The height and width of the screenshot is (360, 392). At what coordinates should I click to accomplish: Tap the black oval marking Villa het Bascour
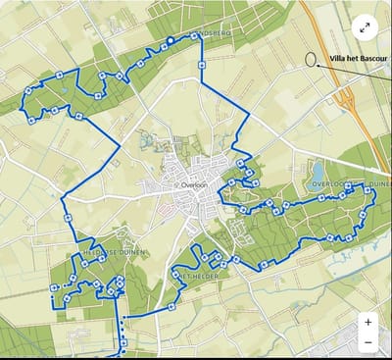coord(311,57)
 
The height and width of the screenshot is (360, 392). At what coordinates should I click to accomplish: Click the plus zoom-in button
coord(367,322)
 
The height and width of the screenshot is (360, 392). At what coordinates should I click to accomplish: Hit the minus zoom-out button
coord(367,342)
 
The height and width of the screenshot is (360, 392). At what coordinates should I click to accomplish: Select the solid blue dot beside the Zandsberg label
coord(170,40)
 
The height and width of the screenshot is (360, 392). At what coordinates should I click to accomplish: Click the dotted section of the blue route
coord(122,330)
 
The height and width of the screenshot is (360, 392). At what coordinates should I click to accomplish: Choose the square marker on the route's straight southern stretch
coord(171,306)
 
